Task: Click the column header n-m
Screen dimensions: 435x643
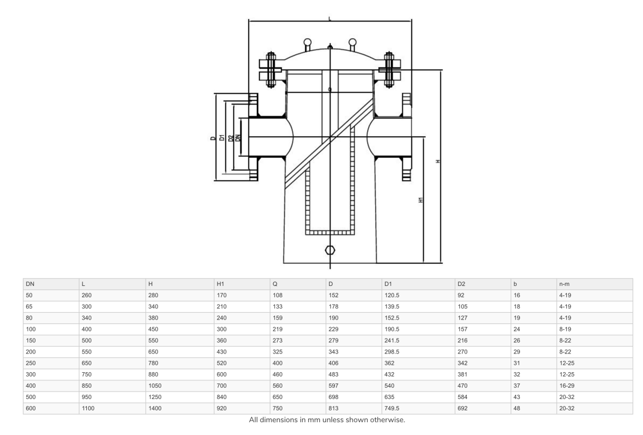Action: coord(564,284)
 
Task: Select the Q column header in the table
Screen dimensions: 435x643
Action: coord(275,284)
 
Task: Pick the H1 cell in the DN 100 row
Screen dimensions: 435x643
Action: coord(221,329)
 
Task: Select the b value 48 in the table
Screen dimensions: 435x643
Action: coord(517,408)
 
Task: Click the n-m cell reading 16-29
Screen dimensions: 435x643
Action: coord(566,385)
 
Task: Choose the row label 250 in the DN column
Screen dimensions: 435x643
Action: coord(31,363)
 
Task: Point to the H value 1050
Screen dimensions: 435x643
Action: coord(155,385)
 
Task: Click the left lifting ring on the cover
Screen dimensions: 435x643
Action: coord(307,43)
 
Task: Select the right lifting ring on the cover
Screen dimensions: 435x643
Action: coord(353,43)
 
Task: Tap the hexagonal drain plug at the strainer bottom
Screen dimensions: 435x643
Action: coord(330,250)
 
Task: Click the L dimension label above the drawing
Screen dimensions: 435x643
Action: coord(329,19)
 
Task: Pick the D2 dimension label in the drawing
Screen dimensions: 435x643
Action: coord(230,138)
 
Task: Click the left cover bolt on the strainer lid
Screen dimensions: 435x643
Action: coord(271,70)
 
